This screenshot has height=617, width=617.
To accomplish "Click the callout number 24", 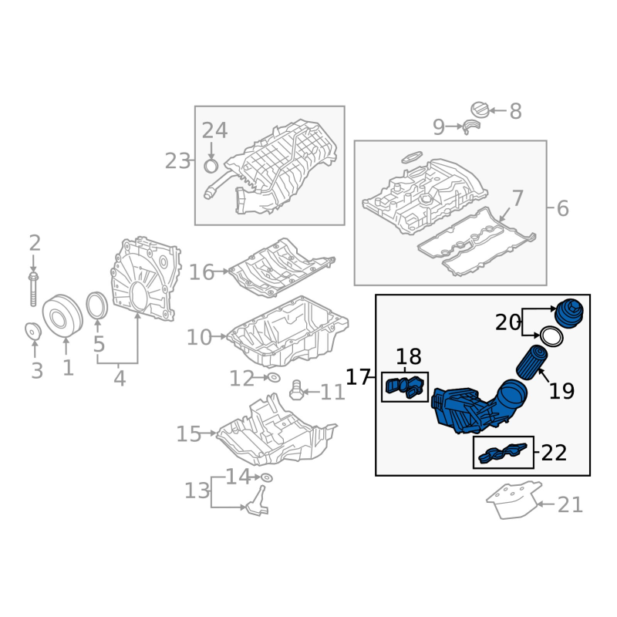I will coord(214,130).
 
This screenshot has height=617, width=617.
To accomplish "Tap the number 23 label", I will coord(177,161).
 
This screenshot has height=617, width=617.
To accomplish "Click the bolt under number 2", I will coord(34,288).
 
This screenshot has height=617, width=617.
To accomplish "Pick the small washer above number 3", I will coord(33,331).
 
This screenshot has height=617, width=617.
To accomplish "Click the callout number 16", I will coord(201,271).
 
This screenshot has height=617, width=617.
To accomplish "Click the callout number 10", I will coord(198,337).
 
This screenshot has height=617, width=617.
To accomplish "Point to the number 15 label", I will coord(188,434).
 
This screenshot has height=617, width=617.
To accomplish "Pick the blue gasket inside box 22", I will coord(503,453).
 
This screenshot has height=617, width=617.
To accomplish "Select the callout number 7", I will coord(517,198).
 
